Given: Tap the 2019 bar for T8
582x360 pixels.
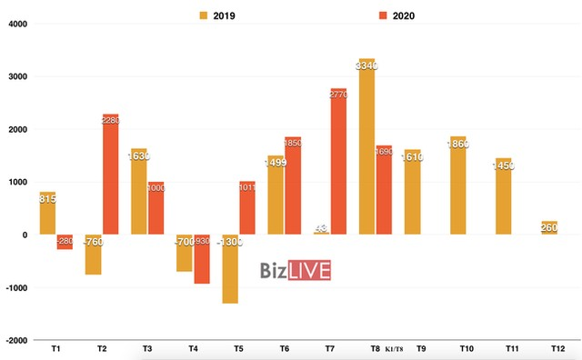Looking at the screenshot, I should (366, 146).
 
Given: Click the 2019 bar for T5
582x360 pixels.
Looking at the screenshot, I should (230, 268).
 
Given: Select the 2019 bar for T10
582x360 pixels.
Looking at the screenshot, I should (457, 185).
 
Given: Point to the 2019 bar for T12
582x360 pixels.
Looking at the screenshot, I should (548, 227).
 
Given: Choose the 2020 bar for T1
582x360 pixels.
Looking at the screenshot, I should (65, 242).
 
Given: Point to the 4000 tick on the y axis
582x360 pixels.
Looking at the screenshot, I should (17, 25).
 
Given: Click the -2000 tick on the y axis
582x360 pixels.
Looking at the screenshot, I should (15, 340).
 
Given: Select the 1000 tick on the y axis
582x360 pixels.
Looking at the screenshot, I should (17, 182).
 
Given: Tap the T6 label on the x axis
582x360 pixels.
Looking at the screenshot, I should (284, 348).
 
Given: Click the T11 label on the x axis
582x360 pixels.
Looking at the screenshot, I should (511, 348).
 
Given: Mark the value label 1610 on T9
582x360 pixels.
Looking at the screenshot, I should (412, 156).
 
